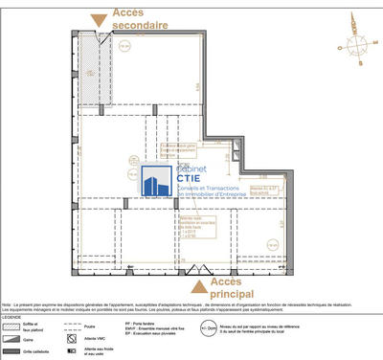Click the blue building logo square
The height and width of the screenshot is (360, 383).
point(154,183)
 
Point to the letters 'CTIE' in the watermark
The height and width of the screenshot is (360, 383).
point(191,176)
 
